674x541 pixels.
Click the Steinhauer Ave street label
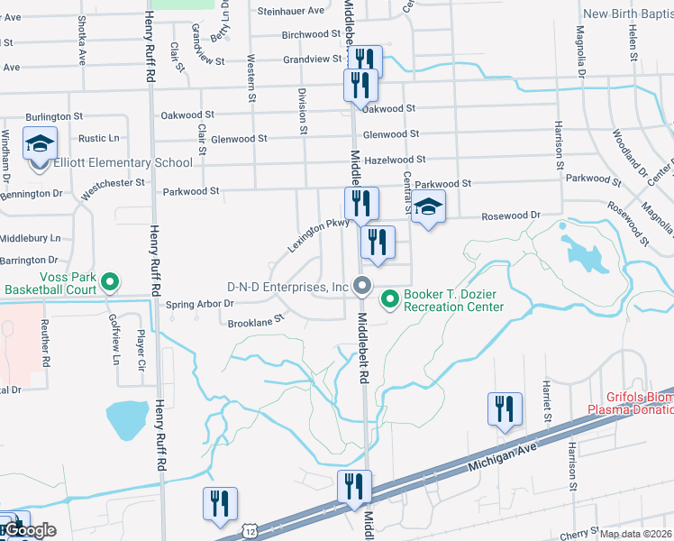(x=290, y=11)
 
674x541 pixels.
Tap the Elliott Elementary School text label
(x=123, y=163)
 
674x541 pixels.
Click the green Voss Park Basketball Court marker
(x=109, y=283)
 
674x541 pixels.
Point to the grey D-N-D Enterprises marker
(x=362, y=287)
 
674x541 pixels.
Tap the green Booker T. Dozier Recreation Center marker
(x=390, y=298)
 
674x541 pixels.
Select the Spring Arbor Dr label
(x=200, y=305)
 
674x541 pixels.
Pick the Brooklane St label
(x=256, y=318)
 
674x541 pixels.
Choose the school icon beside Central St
(x=429, y=208)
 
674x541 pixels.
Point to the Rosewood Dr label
(x=510, y=215)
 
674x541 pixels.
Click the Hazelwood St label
(x=396, y=160)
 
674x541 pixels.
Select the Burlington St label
(x=54, y=117)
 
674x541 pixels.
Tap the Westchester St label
(x=114, y=184)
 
